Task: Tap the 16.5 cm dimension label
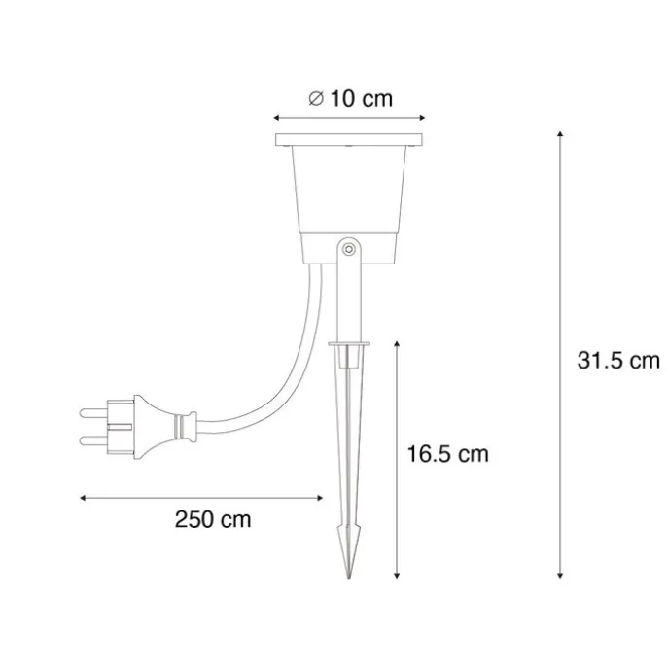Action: [446, 453]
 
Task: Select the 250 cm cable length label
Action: [213, 519]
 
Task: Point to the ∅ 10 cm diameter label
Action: [349, 98]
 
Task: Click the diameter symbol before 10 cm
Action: [315, 98]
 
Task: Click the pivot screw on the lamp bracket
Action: [348, 251]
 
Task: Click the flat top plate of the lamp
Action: [349, 140]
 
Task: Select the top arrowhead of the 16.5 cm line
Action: [398, 342]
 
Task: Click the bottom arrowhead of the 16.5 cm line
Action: [398, 578]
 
